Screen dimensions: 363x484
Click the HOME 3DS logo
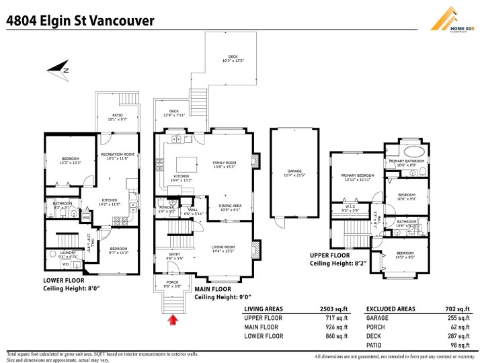tap(452, 19)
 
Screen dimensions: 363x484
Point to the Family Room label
tap(224, 165)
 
